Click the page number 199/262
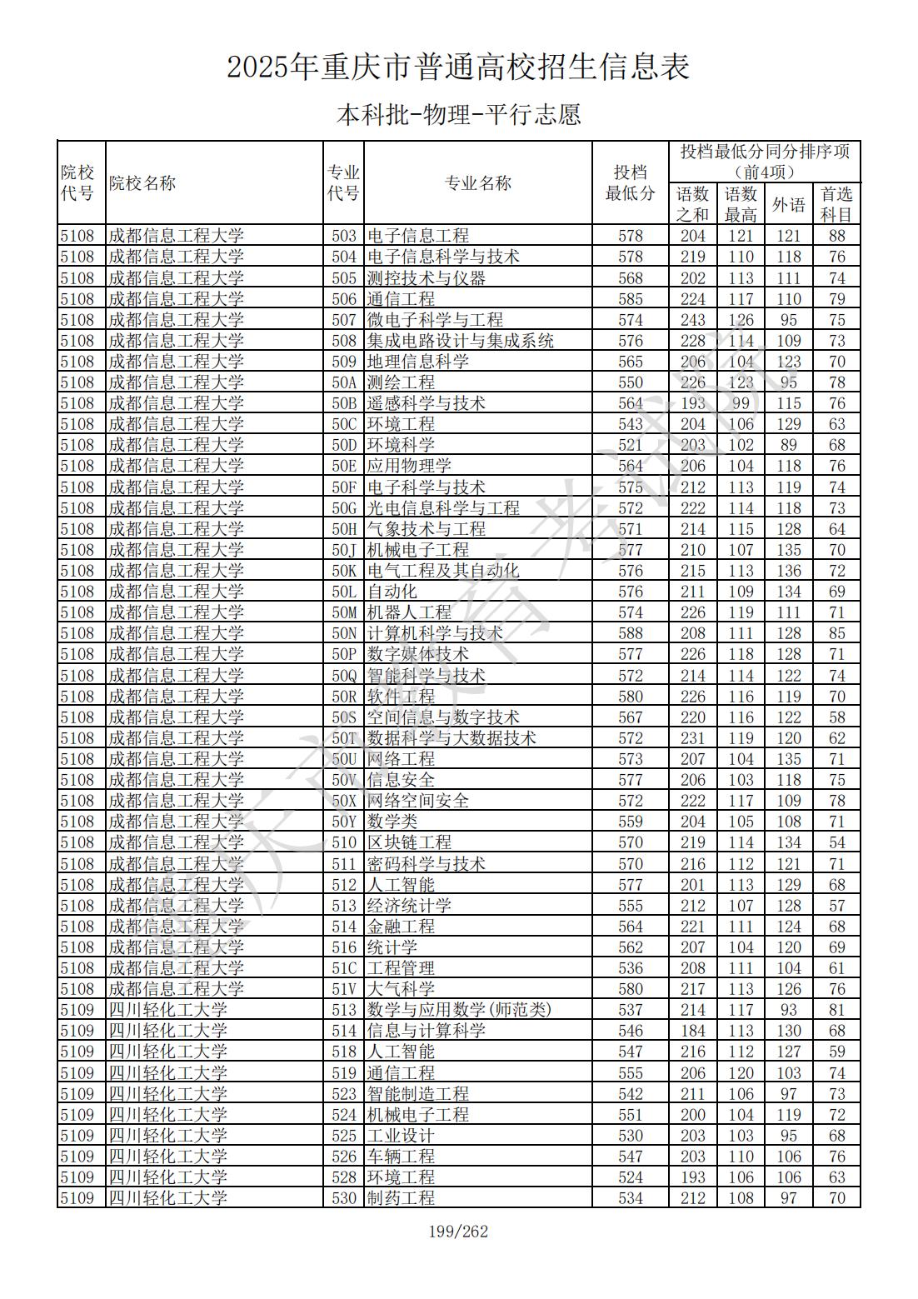(458, 1231)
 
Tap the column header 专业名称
(477, 183)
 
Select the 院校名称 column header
(142, 183)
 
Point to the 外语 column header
(788, 204)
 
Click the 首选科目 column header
(836, 204)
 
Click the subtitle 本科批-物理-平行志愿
(458, 114)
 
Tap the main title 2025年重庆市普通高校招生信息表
(458, 67)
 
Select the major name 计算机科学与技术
(435, 633)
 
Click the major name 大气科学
(401, 989)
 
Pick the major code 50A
(343, 382)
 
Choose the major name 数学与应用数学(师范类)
(459, 1010)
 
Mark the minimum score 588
(631, 633)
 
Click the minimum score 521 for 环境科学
(631, 445)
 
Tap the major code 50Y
(343, 822)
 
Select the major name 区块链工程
(409, 842)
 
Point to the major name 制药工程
(401, 1198)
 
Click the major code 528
(343, 1177)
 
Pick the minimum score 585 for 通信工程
(631, 298)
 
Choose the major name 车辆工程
(401, 1157)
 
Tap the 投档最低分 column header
(631, 183)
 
